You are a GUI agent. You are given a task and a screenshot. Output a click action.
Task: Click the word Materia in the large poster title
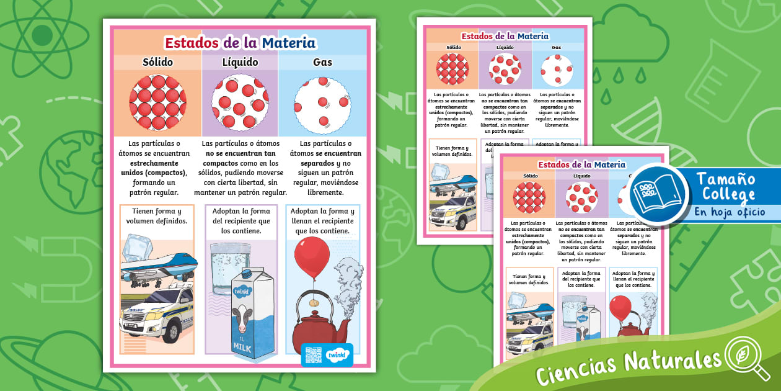(289, 43)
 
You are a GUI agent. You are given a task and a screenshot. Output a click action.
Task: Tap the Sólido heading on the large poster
(157, 62)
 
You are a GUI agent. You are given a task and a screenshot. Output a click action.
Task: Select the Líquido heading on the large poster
(240, 62)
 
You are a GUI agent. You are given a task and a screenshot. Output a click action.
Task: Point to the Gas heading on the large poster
(322, 62)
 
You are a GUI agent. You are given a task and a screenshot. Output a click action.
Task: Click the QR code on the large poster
(313, 355)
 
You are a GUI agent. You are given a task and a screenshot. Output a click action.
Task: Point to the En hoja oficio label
(730, 212)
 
